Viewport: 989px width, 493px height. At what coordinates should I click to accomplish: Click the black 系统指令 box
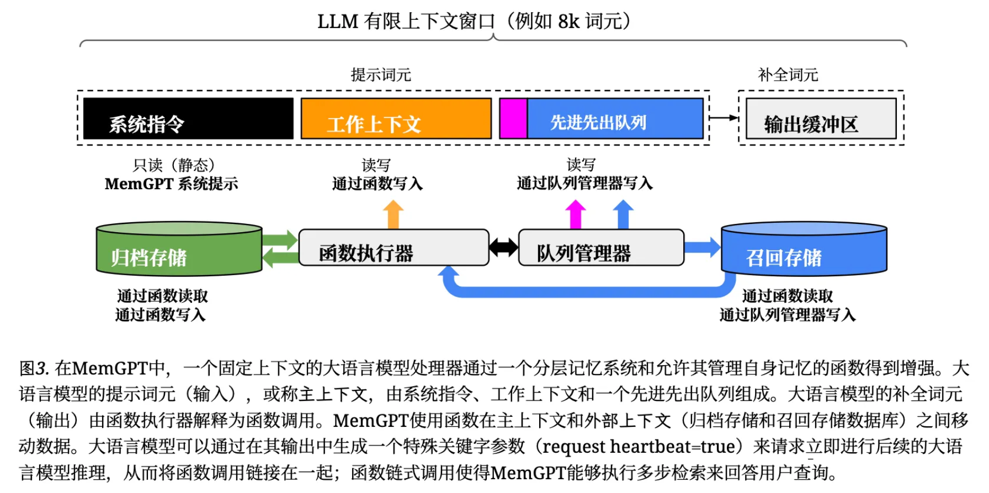[188, 119]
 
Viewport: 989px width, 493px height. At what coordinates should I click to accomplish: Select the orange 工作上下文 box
[396, 119]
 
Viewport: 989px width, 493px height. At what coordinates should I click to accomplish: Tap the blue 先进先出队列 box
[615, 119]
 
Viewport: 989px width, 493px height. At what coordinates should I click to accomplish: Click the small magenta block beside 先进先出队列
[513, 119]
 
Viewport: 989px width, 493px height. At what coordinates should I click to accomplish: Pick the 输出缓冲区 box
[821, 119]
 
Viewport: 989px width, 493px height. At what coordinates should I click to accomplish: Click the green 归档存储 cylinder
[179, 251]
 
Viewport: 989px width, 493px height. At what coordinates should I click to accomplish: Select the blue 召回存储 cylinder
[804, 251]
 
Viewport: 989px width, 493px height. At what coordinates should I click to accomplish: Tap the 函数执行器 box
[394, 248]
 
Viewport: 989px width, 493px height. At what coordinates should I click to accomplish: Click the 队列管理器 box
[601, 248]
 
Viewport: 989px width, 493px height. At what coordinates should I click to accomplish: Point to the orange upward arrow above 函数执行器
[393, 214]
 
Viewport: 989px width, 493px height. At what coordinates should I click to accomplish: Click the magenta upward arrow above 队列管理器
[576, 214]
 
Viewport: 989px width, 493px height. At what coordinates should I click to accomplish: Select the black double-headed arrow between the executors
[503, 248]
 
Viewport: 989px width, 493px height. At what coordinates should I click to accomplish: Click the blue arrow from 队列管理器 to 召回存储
[702, 247]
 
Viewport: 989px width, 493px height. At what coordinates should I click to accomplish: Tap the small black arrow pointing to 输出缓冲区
[724, 117]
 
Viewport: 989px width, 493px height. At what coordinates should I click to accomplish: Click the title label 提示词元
[381, 75]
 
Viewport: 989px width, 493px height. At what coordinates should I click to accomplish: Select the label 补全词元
[788, 75]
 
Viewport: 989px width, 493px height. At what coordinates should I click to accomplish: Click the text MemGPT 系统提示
[171, 184]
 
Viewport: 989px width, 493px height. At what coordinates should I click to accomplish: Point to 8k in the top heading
[568, 22]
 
